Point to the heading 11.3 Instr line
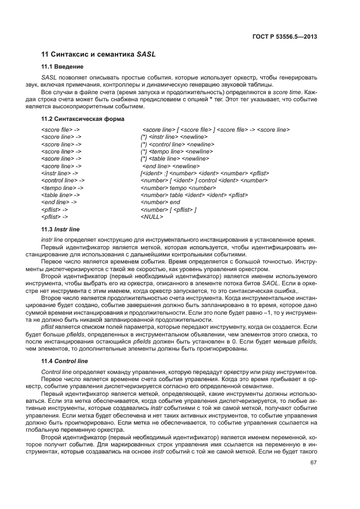tap(60, 230)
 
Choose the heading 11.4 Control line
tap(64, 361)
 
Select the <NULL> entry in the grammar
tap(151, 217)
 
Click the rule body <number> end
tap(160, 202)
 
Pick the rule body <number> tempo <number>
tap(170, 187)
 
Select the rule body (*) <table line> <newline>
tap(170, 158)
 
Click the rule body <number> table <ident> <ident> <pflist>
tap(194, 195)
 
